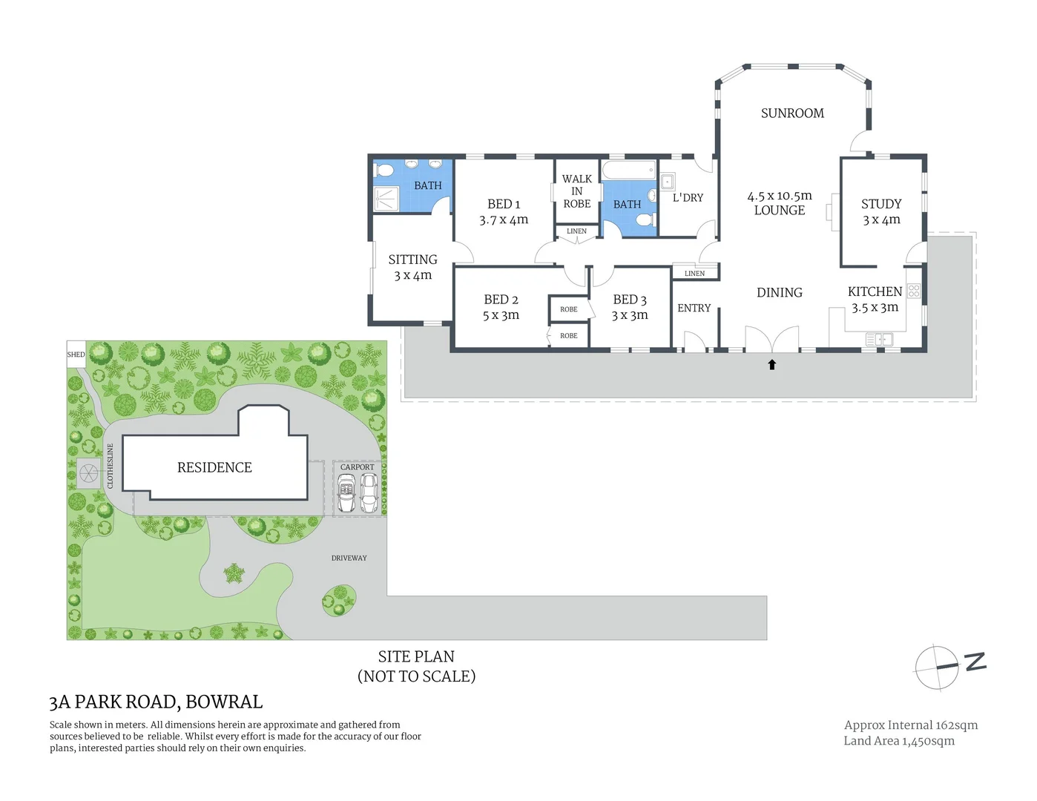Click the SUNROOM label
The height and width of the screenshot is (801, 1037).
(792, 113)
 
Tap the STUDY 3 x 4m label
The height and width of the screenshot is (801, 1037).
(881, 211)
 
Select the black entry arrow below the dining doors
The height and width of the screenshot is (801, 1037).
(772, 364)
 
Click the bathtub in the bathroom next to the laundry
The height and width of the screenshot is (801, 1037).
(629, 170)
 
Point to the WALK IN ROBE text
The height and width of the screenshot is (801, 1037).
(577, 191)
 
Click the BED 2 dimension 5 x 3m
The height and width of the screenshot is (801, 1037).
(501, 315)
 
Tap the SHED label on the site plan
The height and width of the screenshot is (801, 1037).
(76, 355)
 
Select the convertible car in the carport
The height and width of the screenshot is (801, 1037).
(346, 492)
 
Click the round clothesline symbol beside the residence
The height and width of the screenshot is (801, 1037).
(88, 472)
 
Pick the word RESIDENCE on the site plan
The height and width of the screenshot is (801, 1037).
(214, 467)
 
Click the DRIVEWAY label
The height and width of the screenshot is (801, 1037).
(349, 558)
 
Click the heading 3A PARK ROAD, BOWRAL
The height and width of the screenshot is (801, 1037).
(156, 702)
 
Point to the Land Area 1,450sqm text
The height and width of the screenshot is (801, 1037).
(899, 741)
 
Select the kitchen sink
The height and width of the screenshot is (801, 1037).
(879, 340)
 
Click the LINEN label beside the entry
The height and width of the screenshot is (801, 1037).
(694, 274)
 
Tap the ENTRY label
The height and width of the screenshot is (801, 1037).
(694, 308)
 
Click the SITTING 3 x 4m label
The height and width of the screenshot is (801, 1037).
(412, 267)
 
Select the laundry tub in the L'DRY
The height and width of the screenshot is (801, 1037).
(668, 181)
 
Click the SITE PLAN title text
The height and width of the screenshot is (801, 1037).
(416, 656)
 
